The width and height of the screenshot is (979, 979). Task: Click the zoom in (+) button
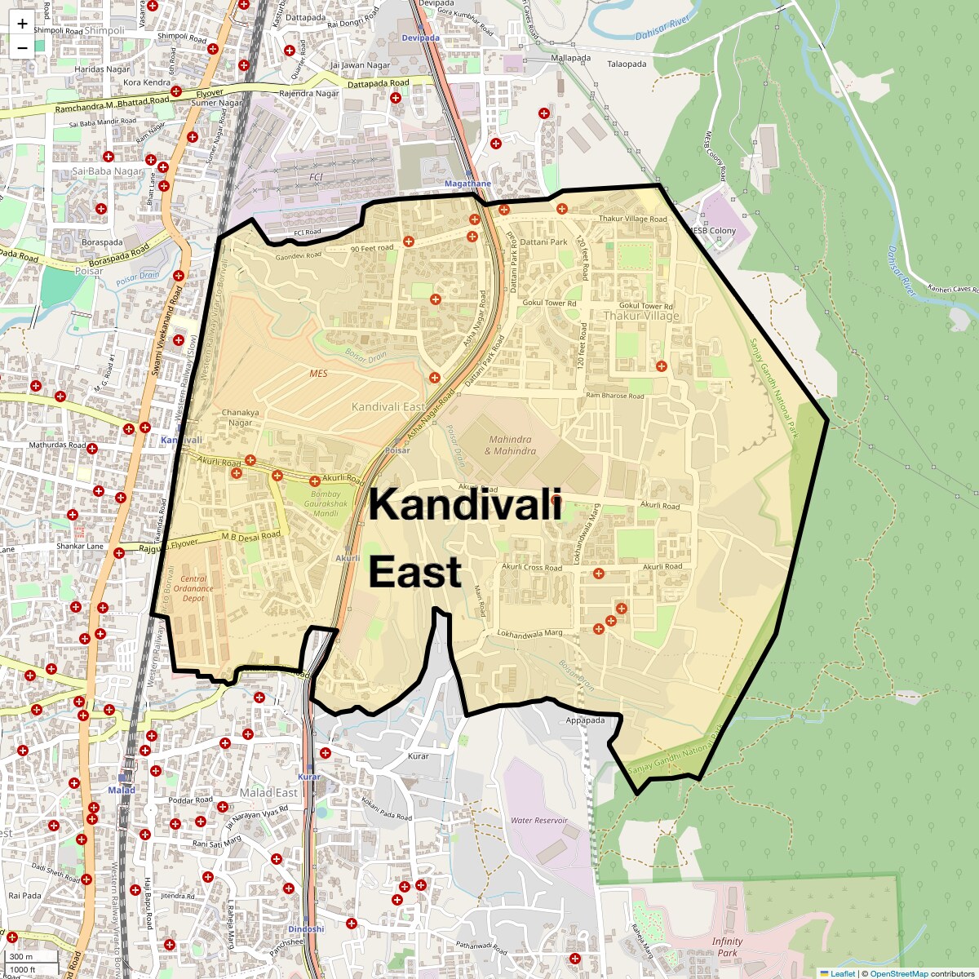click(22, 24)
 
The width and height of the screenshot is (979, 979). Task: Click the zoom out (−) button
click(22, 47)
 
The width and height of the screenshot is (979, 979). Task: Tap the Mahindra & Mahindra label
click(510, 445)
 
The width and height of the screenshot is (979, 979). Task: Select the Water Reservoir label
click(538, 820)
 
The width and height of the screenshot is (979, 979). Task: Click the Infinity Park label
click(727, 946)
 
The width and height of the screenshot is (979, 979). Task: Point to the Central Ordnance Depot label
click(193, 588)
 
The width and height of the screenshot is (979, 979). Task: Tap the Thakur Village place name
click(641, 316)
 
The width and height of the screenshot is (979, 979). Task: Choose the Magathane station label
click(467, 184)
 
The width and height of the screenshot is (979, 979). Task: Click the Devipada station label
click(420, 38)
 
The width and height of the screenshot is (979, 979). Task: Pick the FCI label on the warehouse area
click(316, 177)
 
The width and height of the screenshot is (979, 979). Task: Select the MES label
click(318, 374)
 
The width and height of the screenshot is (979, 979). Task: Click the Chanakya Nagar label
click(240, 417)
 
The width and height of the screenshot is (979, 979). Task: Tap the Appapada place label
click(585, 720)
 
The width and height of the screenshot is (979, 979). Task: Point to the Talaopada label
click(627, 64)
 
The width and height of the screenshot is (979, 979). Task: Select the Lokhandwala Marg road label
click(530, 633)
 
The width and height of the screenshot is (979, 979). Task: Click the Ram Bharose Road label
click(614, 396)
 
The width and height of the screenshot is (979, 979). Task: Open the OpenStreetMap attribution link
click(898, 973)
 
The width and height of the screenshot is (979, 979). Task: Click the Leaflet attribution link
click(842, 973)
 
